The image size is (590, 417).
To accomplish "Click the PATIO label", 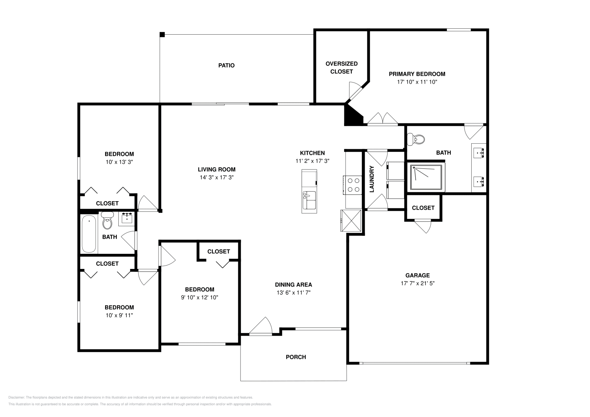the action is (226, 65).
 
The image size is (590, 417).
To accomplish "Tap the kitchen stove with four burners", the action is (352, 185).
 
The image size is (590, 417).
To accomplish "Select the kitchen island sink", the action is (309, 200).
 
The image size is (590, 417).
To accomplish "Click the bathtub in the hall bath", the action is (89, 234).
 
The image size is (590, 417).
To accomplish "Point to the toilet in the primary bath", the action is (416, 140).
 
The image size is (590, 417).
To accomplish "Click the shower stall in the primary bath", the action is (426, 177).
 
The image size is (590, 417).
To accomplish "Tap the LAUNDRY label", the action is (372, 179).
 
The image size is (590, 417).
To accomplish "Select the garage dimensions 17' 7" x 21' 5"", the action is (418, 283).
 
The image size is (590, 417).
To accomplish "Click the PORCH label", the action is (296, 357).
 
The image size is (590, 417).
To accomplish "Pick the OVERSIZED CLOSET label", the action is (341, 67).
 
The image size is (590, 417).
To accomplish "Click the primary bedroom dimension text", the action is (417, 82).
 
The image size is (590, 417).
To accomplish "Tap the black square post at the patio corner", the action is (162, 35).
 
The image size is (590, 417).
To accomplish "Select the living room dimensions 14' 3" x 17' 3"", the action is (217, 177).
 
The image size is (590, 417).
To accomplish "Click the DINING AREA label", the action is (294, 284).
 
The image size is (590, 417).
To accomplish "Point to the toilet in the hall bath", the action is (107, 220).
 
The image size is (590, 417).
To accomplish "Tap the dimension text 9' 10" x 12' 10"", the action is (199, 297).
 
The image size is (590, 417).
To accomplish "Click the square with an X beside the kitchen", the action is (351, 220).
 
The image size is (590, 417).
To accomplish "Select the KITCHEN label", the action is (312, 153).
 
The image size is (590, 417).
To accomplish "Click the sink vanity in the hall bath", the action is (127, 218).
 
